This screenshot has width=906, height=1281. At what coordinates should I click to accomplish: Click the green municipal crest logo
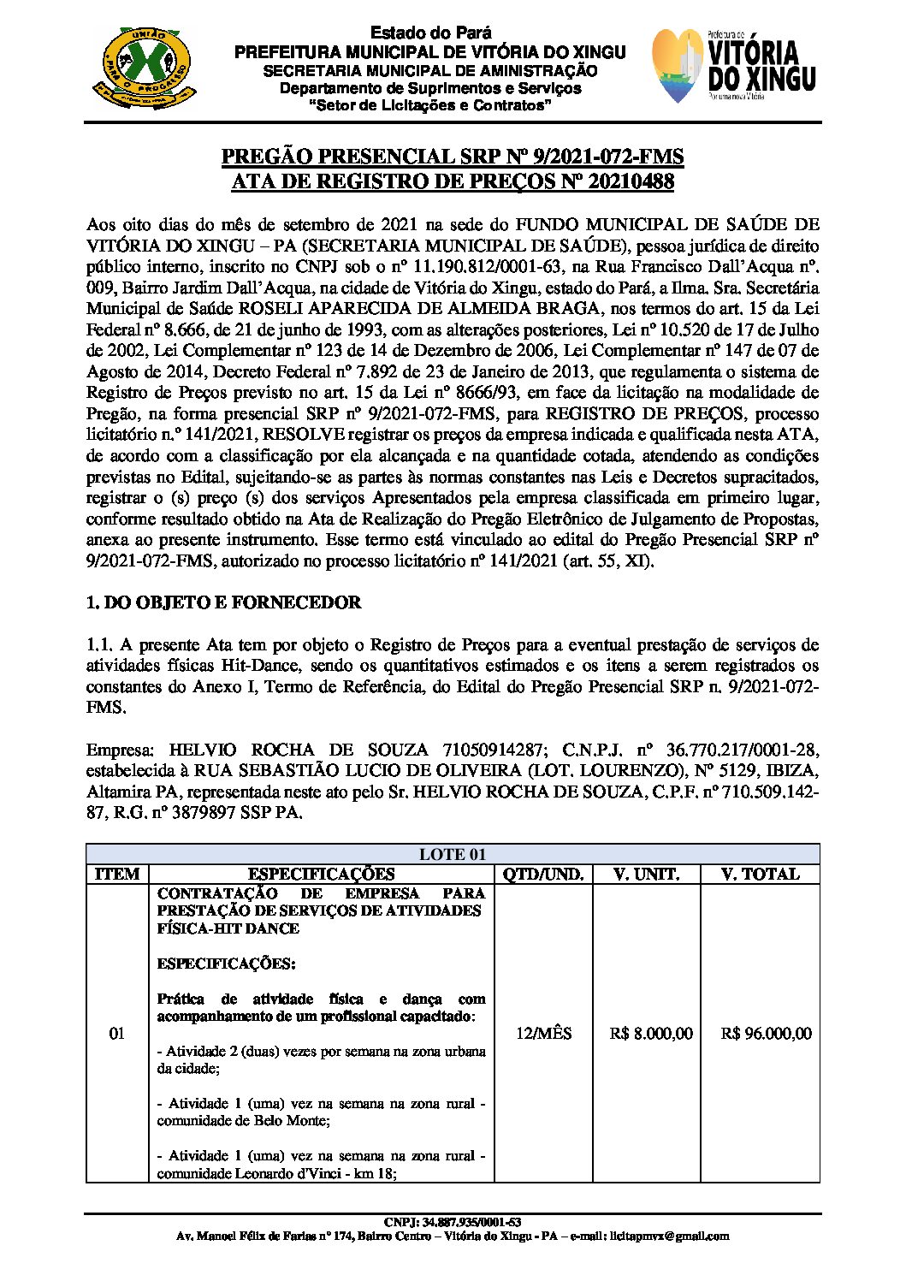pyautogui.click(x=142, y=64)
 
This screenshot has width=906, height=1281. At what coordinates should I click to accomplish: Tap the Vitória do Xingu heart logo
pyautogui.click(x=678, y=66)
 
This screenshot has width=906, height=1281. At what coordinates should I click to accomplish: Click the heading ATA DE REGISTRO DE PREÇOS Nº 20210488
pyautogui.click(x=453, y=181)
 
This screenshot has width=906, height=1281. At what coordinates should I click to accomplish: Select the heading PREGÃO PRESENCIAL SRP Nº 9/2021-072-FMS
pyautogui.click(x=453, y=157)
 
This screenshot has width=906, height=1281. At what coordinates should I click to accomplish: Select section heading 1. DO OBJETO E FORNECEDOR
pyautogui.click(x=223, y=602)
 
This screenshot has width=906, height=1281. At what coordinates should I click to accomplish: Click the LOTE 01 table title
pyautogui.click(x=453, y=854)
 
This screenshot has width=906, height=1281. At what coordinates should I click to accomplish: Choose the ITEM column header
pyautogui.click(x=117, y=874)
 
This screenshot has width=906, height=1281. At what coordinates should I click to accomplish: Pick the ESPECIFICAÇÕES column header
pyautogui.click(x=322, y=874)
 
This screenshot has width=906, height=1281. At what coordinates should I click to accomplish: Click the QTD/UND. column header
pyautogui.click(x=543, y=874)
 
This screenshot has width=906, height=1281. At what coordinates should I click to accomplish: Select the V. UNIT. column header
pyautogui.click(x=647, y=874)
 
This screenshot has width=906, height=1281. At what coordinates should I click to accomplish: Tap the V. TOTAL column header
pyautogui.click(x=760, y=874)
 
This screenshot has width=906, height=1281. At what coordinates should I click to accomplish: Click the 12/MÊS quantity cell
pyautogui.click(x=543, y=1034)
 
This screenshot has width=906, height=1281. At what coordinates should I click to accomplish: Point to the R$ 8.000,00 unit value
pyautogui.click(x=651, y=1034)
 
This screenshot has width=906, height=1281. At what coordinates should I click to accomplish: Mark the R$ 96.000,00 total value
pyautogui.click(x=766, y=1034)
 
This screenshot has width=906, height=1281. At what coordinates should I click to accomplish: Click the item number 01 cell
pyautogui.click(x=117, y=1034)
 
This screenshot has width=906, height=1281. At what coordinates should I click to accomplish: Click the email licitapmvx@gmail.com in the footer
pyautogui.click(x=671, y=1236)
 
